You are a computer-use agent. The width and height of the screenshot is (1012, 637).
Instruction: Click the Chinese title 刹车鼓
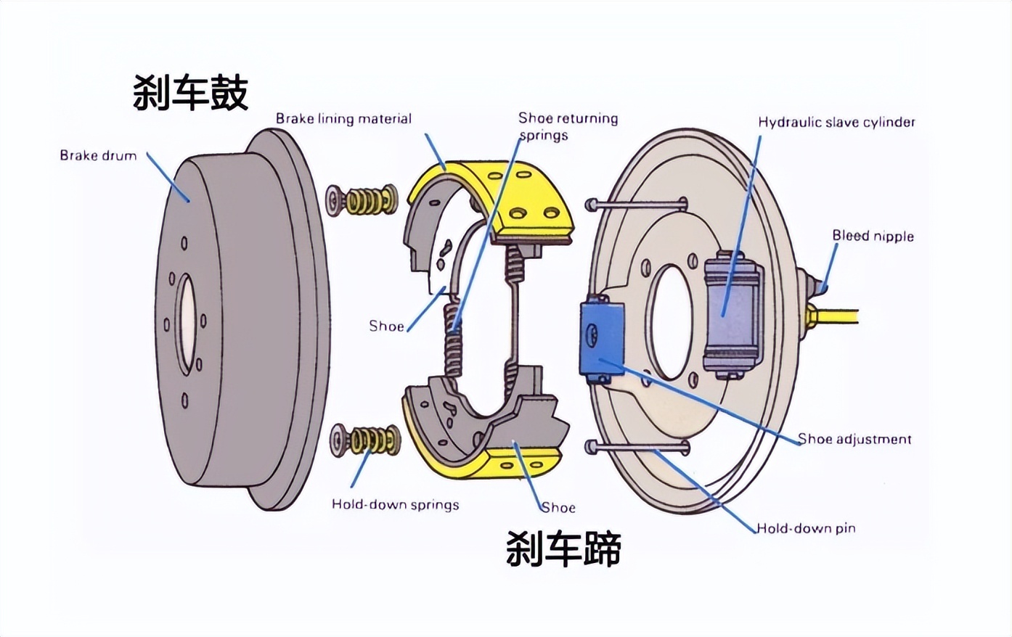click(x=190, y=92)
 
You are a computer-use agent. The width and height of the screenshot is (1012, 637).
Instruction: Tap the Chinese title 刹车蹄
click(x=563, y=548)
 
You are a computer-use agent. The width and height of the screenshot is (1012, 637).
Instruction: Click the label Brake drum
click(x=98, y=155)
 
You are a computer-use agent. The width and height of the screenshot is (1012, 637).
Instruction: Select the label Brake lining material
click(x=343, y=119)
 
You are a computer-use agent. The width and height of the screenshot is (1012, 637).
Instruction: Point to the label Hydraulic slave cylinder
click(x=836, y=122)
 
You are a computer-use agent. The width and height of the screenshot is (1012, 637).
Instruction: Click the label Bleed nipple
click(x=873, y=236)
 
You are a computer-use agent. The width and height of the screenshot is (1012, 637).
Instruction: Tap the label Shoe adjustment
click(x=854, y=439)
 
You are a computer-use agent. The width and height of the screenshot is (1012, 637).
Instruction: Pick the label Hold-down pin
click(x=806, y=528)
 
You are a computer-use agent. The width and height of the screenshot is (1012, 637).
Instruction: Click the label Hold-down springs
click(x=395, y=504)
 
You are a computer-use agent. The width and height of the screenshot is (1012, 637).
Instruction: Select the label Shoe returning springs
click(x=568, y=126)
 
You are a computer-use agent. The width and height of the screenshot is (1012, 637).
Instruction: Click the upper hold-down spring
click(x=362, y=200)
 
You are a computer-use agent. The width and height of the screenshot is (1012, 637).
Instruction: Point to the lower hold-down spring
click(x=366, y=440)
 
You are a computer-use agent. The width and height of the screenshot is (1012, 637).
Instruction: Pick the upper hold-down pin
click(x=639, y=204)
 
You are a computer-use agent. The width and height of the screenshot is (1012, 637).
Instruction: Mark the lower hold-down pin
click(x=639, y=447)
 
